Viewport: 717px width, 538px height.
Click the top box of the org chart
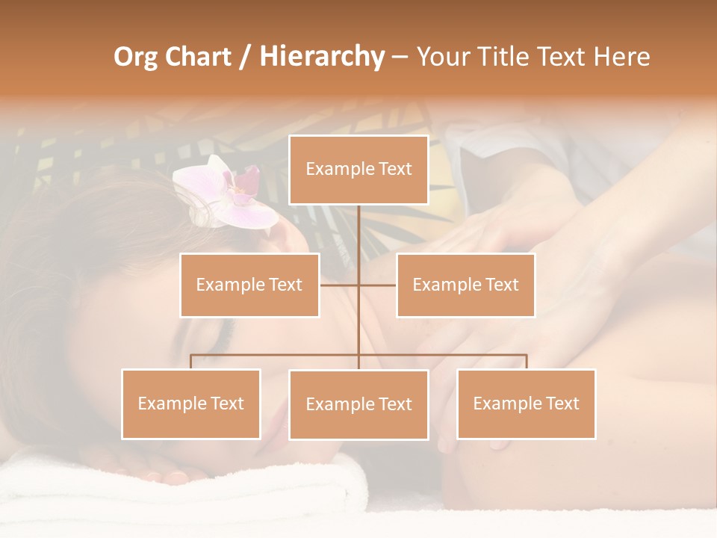[358, 170]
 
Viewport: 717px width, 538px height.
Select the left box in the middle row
[249, 285]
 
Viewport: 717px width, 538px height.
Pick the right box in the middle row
[465, 285]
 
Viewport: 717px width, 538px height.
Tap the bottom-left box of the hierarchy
[191, 403]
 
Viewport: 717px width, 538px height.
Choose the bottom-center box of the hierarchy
[358, 404]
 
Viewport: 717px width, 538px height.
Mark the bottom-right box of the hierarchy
[526, 403]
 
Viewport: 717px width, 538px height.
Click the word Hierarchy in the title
[322, 56]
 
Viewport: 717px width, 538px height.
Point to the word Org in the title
[136, 57]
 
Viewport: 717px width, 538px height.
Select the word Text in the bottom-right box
[561, 403]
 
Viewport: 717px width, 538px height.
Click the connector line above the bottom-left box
[191, 362]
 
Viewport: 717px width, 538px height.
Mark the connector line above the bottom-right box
[526, 362]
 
